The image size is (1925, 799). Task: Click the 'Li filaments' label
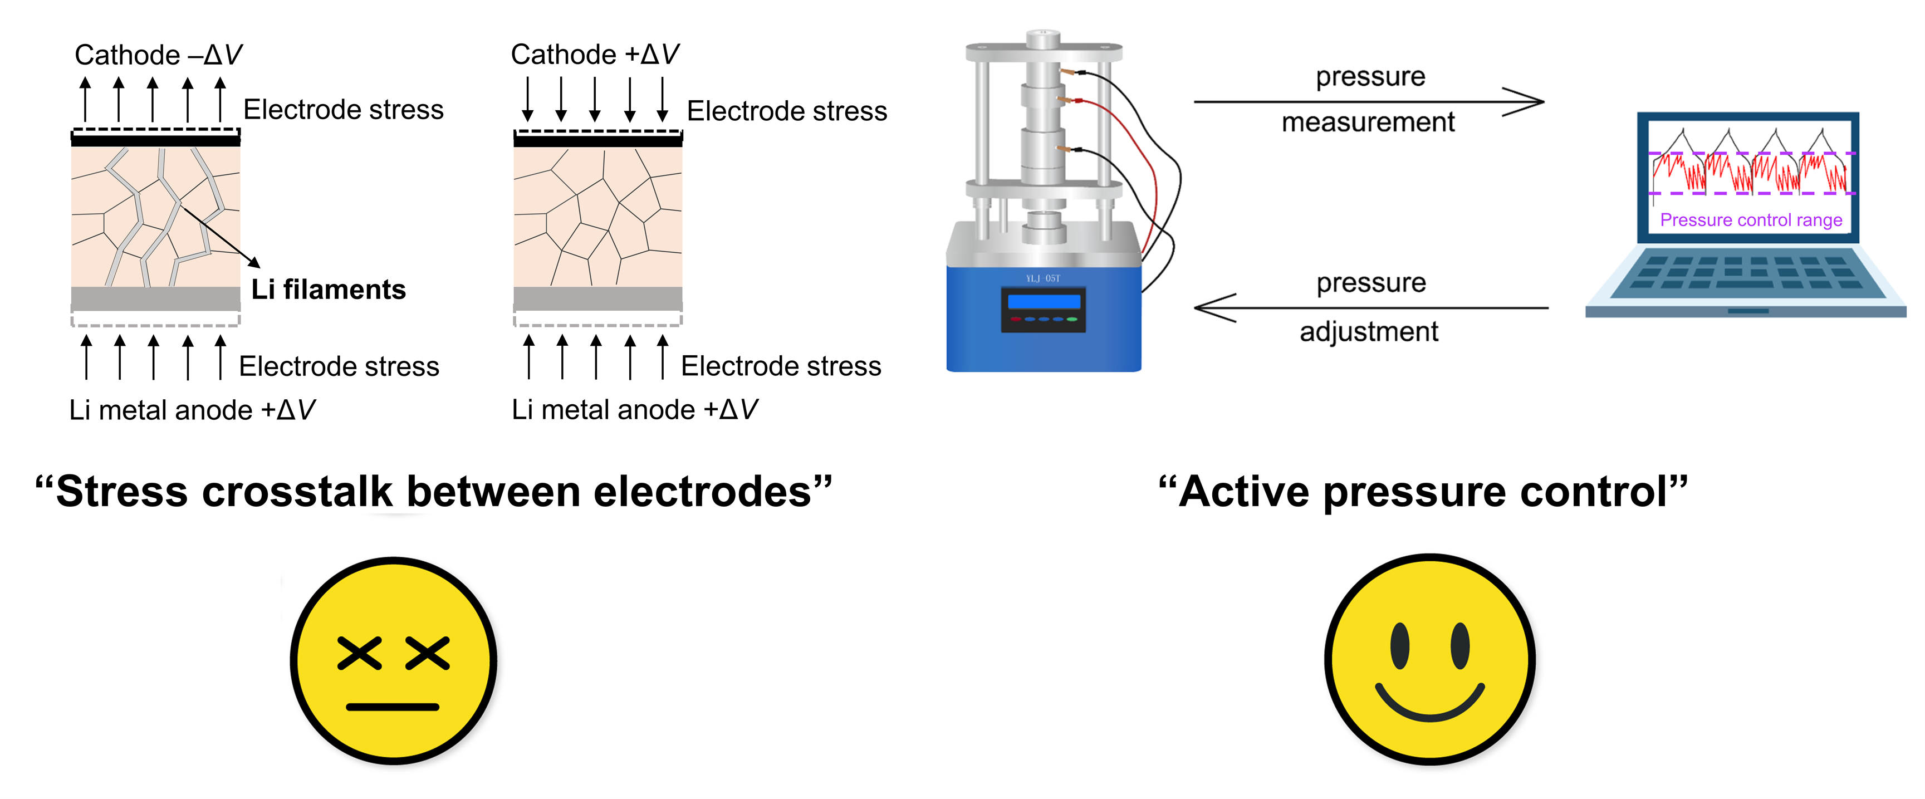tap(328, 289)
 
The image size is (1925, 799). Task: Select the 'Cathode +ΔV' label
tap(595, 55)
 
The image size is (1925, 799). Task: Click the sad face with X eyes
tap(393, 661)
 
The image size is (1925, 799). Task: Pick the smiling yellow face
tap(1429, 659)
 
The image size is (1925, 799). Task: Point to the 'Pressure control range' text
tap(1751, 220)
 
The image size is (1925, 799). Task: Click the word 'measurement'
tap(1368, 122)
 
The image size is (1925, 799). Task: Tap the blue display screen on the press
tap(1044, 301)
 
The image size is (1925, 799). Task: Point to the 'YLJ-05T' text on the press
tap(1043, 278)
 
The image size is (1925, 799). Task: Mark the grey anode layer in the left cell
tap(155, 298)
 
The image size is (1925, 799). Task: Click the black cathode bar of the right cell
tap(598, 140)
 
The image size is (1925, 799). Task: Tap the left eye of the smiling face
tap(1400, 646)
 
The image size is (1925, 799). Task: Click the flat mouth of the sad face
tap(393, 707)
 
